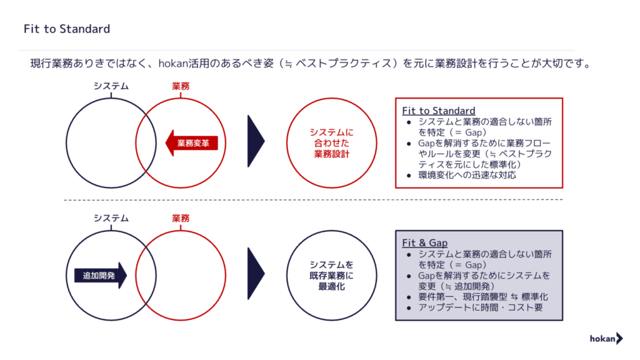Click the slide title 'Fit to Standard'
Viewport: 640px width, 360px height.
(x=67, y=29)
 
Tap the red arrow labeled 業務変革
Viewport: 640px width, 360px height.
(x=191, y=143)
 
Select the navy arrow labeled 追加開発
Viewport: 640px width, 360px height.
(x=101, y=276)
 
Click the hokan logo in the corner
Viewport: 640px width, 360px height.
(x=606, y=338)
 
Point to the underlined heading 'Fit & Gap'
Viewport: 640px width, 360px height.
(x=424, y=243)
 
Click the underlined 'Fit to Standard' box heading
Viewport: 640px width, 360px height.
(x=439, y=111)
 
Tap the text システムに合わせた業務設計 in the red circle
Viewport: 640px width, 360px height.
(x=331, y=143)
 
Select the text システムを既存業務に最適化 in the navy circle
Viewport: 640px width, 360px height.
(x=331, y=276)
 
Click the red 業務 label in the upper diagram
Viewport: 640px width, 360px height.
(x=181, y=86)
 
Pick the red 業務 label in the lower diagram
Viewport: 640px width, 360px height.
(x=181, y=218)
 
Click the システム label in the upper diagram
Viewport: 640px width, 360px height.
(x=111, y=86)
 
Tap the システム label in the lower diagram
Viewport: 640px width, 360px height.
(x=111, y=218)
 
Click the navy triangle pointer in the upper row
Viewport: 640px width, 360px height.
(x=256, y=141)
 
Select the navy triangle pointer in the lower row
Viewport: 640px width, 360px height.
(x=256, y=274)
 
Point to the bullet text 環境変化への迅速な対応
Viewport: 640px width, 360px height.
(x=467, y=175)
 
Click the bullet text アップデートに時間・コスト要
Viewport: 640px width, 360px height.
(x=481, y=307)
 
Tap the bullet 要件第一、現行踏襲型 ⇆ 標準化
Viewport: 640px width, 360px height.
(x=483, y=297)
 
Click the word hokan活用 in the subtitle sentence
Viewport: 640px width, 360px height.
(x=178, y=64)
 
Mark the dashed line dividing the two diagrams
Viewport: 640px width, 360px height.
(x=313, y=200)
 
